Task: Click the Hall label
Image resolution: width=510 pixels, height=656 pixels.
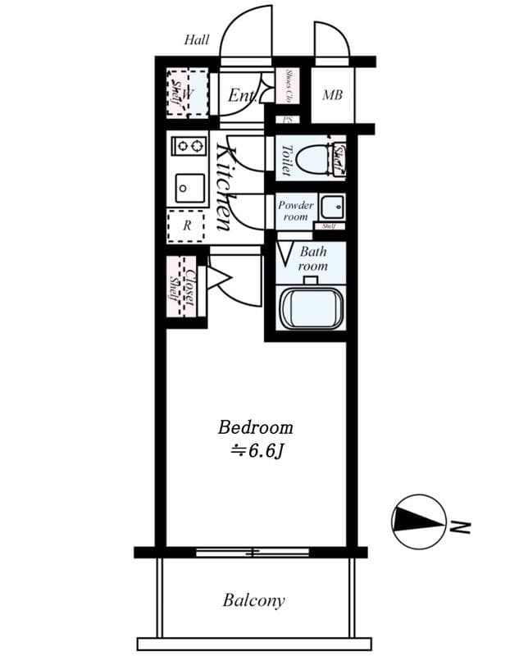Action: pos(196,39)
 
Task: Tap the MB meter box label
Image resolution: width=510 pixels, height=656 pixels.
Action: pos(332,96)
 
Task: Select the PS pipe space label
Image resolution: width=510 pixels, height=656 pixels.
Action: pos(287,120)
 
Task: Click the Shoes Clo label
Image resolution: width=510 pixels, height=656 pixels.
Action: pos(289,86)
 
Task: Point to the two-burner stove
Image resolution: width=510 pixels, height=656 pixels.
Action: pos(189,147)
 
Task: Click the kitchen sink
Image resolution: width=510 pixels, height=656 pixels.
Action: pos(188,188)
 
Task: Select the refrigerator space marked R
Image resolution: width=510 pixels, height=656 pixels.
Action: pos(186,225)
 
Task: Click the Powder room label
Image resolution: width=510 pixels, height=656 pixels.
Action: pos(295,211)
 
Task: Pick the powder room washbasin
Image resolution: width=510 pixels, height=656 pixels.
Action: pos(331,206)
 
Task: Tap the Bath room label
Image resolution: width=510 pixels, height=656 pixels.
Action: pos(312,259)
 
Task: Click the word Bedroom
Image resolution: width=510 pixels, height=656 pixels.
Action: pos(255,427)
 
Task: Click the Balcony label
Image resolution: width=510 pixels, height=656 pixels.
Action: pos(254,600)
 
